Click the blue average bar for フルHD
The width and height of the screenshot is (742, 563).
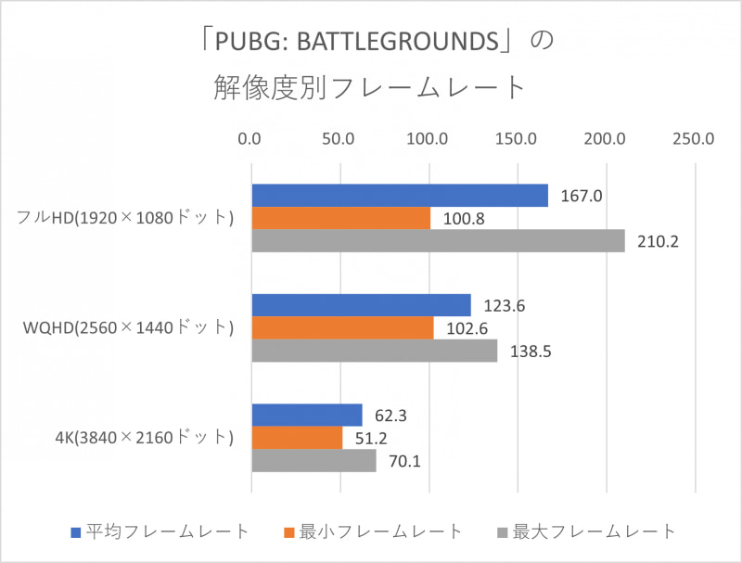click(399, 196)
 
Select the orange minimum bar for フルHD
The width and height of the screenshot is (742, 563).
click(340, 219)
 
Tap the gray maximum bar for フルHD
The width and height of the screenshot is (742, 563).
click(438, 241)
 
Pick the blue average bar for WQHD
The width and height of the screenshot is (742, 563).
click(361, 305)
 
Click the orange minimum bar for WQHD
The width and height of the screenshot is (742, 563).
click(342, 328)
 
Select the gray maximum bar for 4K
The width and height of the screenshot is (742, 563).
click(313, 460)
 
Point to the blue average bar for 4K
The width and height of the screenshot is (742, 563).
click(306, 415)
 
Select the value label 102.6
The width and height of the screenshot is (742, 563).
click(465, 328)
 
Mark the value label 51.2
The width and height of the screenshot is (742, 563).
click(370, 438)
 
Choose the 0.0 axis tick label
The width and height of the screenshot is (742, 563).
click(250, 140)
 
